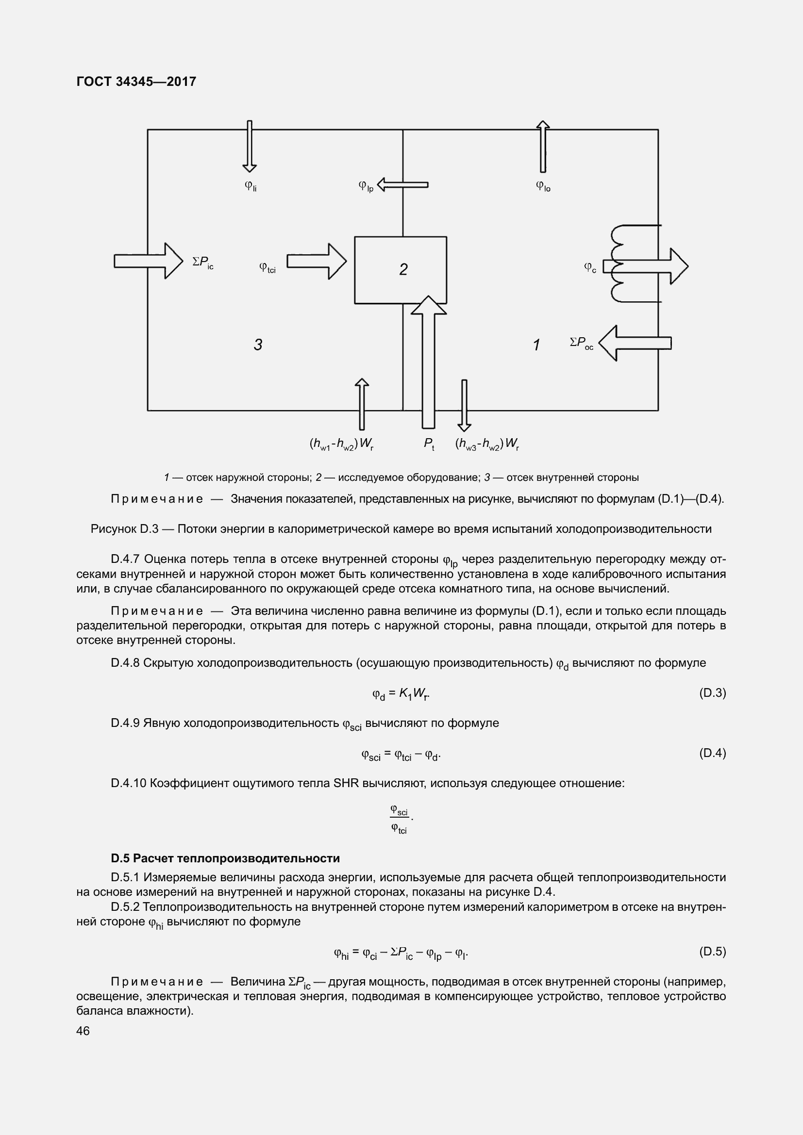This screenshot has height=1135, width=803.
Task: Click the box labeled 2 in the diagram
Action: (400, 270)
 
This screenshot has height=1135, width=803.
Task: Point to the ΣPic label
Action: (203, 263)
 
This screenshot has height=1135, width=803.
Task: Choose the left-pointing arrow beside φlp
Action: (402, 185)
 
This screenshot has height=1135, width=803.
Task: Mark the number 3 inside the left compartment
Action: (258, 345)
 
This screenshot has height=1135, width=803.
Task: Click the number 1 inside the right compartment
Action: (536, 345)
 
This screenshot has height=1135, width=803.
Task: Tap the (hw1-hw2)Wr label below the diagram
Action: (341, 444)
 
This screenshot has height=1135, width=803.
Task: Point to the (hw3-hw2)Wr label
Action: (486, 444)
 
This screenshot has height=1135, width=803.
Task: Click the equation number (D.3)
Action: (712, 692)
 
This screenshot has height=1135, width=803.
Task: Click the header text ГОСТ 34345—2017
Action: (136, 82)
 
